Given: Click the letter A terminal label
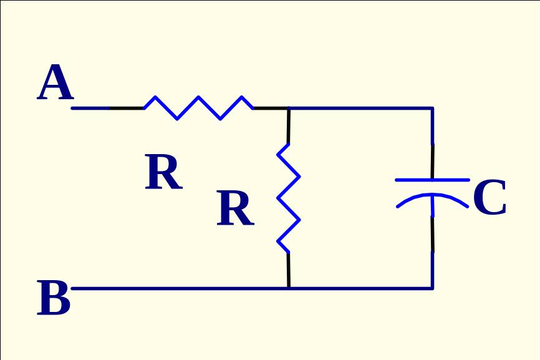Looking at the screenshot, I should point(55,84).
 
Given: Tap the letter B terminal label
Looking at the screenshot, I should point(54,299).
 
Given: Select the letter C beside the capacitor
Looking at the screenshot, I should point(489,199).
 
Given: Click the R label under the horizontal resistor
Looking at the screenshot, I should point(163,173).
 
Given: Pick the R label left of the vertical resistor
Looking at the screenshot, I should point(234,210).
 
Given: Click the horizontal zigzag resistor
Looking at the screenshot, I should point(198,107).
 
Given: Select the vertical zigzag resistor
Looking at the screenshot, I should point(288,198).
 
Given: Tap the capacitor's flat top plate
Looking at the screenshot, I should point(432,180).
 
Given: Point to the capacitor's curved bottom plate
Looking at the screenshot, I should point(432,198).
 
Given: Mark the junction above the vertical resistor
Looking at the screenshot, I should point(289,109).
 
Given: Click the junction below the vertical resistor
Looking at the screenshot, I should point(289,288).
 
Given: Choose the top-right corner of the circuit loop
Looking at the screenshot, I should point(432,109).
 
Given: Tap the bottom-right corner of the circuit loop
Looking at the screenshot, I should point(432,288).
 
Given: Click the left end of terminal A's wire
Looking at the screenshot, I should point(74,109).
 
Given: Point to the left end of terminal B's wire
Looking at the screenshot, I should point(74,288).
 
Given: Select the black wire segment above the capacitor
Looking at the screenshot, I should point(432,160).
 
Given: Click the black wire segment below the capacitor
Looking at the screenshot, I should point(432,234).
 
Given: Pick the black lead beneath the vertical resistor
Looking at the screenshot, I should point(288,270).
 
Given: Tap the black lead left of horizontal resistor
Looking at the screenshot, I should point(127,109).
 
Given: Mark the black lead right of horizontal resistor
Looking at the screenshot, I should point(271,109).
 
